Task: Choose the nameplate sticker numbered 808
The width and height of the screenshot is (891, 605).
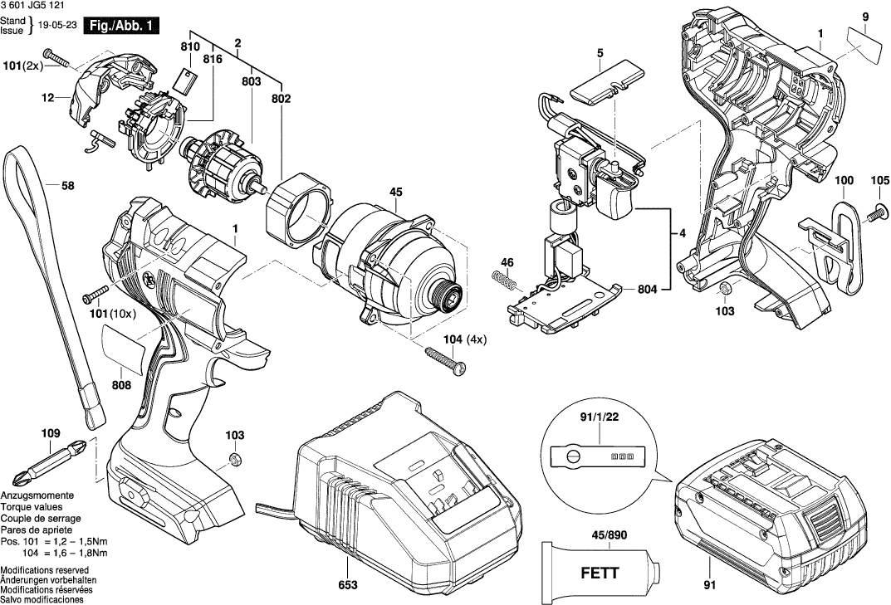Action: tap(124, 348)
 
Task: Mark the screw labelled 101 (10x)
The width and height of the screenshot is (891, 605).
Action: tap(96, 294)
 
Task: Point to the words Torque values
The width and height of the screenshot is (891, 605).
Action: tap(32, 506)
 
